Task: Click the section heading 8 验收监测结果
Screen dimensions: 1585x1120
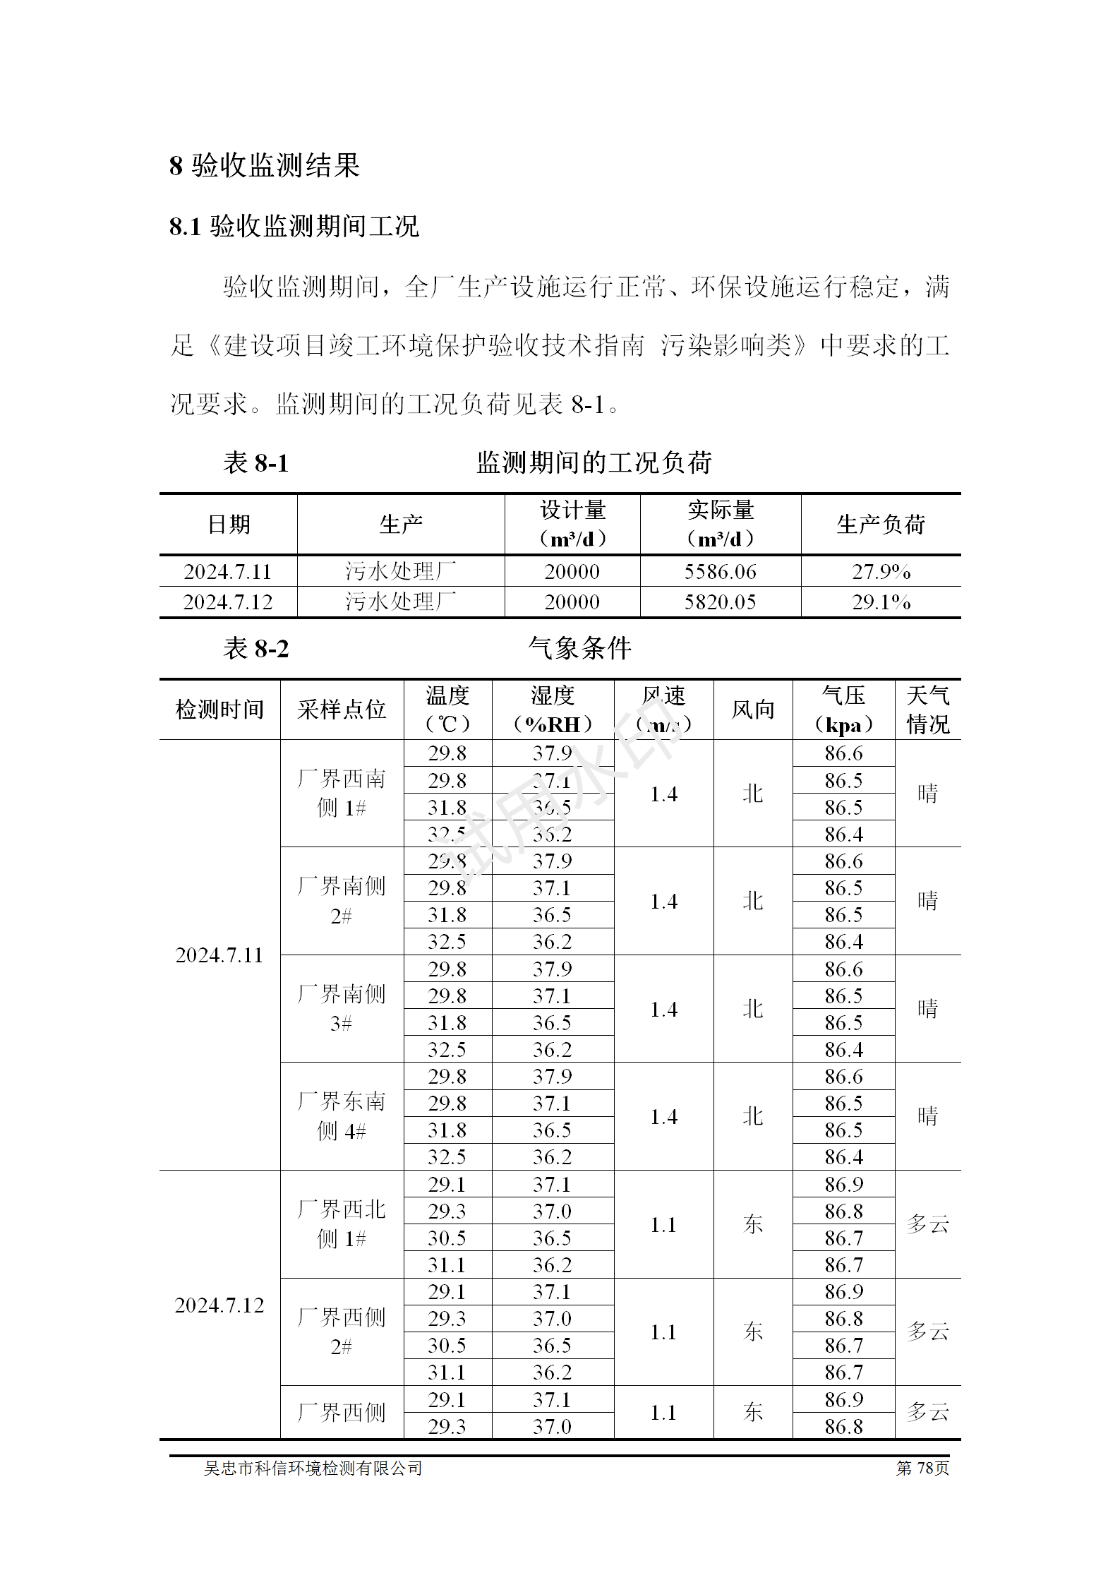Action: [265, 166]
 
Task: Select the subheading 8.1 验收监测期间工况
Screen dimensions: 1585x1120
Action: [294, 227]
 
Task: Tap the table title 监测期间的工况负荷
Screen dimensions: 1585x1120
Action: [594, 463]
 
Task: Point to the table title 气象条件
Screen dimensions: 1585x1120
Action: [579, 648]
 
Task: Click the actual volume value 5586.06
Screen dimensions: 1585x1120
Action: [720, 571]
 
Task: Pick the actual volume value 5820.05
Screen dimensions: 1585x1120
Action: [720, 602]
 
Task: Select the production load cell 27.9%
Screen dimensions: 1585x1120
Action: [881, 571]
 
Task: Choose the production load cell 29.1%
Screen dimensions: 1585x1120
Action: [881, 602]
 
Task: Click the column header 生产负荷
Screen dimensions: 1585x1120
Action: [881, 525]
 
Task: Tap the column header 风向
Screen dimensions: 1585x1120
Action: [753, 710]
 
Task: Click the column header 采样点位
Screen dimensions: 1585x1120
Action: [342, 710]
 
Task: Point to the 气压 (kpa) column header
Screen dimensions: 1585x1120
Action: [843, 710]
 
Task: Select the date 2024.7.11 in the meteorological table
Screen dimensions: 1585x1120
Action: [219, 955]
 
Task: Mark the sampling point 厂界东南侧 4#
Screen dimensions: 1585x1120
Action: [342, 1116]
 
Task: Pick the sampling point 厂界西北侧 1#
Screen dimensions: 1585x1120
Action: [342, 1224]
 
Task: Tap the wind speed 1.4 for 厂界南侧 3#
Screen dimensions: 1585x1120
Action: [663, 1010]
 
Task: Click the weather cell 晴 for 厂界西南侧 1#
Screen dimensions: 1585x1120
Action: [927, 794]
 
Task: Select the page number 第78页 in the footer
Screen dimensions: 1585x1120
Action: [922, 1468]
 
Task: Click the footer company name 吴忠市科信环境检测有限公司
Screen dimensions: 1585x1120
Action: [313, 1468]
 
